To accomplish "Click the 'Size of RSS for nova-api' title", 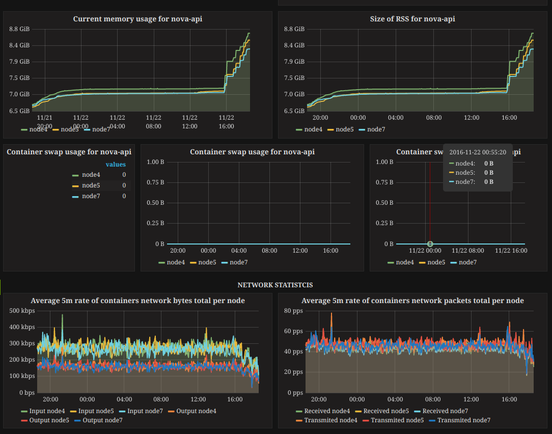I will [412, 19].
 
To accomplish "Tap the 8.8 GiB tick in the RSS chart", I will [294, 29].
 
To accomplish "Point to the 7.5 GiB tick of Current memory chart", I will [19, 78].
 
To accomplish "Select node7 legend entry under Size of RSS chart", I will [376, 129].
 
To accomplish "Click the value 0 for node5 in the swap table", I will [124, 185].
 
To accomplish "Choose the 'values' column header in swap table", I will [116, 164].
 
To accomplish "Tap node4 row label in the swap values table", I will [91, 175].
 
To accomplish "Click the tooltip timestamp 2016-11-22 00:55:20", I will [477, 152].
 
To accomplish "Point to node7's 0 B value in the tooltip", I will [488, 182].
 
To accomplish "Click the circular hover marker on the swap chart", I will [430, 244].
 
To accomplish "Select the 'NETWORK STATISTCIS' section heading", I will [275, 285].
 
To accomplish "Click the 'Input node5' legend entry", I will [96, 411].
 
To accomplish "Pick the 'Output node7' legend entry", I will [102, 420].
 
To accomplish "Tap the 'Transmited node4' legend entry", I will [330, 420].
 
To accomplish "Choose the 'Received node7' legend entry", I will [445, 411].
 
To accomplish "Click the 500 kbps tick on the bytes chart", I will [22, 311].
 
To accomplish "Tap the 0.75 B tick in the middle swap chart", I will [155, 182].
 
